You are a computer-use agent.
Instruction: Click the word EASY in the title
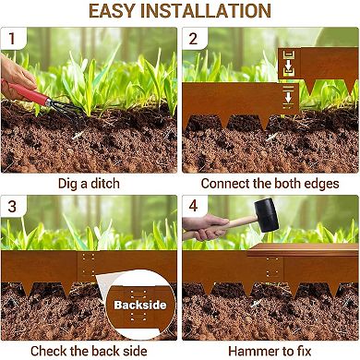(113, 11)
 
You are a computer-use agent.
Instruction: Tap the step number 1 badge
(12, 39)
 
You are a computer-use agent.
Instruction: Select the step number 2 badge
(193, 39)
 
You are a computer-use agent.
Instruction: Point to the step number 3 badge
(12, 206)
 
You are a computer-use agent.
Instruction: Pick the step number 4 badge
(193, 206)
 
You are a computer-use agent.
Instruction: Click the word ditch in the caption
(104, 184)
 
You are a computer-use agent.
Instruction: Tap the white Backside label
(140, 305)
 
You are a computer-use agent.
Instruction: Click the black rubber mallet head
(266, 215)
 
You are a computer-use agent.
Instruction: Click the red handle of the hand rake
(25, 92)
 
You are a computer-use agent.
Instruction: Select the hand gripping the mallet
(206, 227)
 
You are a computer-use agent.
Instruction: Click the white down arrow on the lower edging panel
(288, 97)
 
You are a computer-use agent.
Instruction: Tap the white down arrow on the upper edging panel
(289, 66)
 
